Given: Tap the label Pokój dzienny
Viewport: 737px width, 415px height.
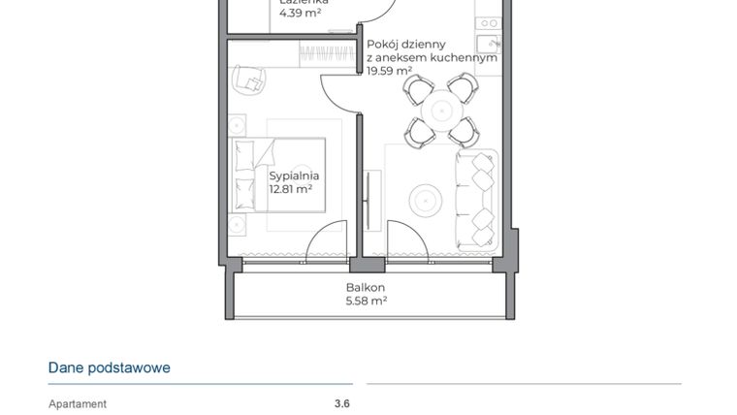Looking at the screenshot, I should [405, 44].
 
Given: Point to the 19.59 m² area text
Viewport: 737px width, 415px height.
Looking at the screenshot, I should [389, 70].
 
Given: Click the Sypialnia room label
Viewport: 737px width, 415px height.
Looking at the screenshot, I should [294, 176].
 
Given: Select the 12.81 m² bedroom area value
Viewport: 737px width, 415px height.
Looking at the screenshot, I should [290, 190].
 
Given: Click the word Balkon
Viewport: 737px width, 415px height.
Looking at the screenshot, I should [366, 287].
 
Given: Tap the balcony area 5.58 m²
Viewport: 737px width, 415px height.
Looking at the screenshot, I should [366, 302].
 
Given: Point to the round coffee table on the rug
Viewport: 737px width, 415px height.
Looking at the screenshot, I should [428, 201].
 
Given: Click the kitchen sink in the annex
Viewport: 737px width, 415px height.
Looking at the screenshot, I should [488, 44].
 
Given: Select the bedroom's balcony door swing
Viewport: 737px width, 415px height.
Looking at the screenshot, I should [328, 242].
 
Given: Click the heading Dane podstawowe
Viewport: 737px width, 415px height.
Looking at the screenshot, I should [109, 368].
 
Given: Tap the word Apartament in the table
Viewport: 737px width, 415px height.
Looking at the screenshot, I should [78, 404].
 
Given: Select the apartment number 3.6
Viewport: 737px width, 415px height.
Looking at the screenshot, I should [341, 404].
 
